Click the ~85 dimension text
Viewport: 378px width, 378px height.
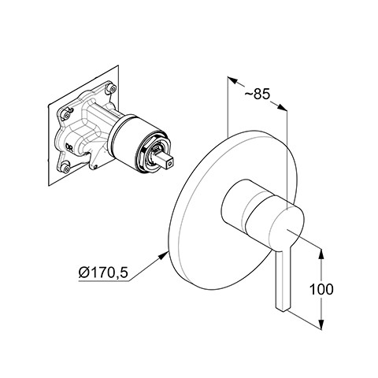click(x=258, y=94)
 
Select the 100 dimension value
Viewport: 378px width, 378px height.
click(x=321, y=289)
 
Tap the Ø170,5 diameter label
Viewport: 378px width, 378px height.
click(x=103, y=272)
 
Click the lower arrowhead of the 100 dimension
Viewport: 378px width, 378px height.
click(x=321, y=324)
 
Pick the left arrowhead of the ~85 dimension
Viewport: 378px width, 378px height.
click(x=232, y=80)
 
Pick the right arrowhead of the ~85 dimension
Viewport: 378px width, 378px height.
click(x=282, y=108)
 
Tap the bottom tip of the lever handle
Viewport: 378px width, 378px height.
click(x=283, y=311)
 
